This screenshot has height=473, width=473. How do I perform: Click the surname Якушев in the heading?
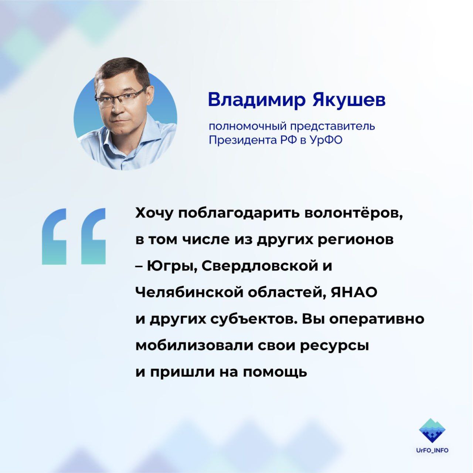(349, 100)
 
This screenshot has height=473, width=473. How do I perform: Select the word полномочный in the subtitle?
(248, 127)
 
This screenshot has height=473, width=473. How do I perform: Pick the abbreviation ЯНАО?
(354, 293)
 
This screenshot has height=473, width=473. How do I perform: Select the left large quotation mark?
(54, 236)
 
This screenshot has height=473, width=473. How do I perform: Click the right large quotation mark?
(93, 236)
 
